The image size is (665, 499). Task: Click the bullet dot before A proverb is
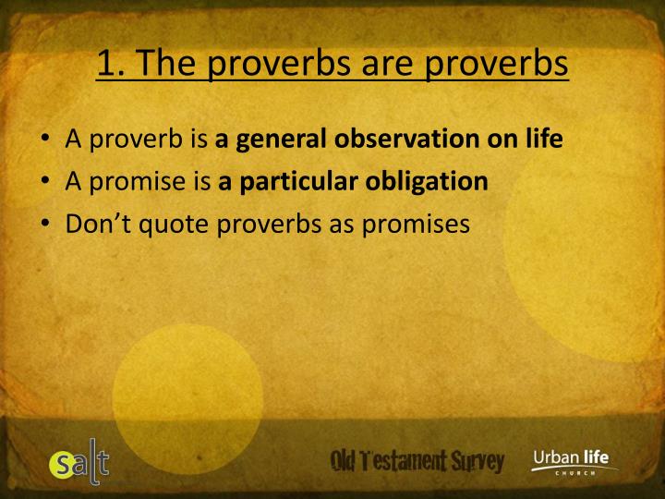45,141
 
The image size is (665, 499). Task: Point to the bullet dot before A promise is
45,182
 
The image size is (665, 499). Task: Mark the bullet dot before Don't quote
45,224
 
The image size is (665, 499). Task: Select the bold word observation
403,140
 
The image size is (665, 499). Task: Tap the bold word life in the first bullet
544,140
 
